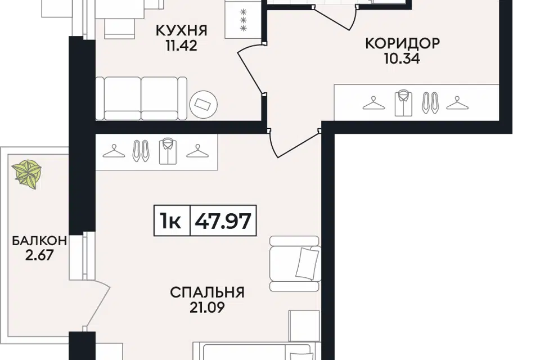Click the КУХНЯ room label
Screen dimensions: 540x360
pyautogui.click(x=182, y=30)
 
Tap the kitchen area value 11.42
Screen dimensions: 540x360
pyautogui.click(x=182, y=46)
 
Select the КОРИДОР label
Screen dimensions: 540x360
pyautogui.click(x=402, y=44)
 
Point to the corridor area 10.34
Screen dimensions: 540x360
pyautogui.click(x=402, y=58)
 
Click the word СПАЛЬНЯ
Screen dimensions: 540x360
pyautogui.click(x=208, y=292)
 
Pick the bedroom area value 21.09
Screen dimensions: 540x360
pyautogui.click(x=207, y=307)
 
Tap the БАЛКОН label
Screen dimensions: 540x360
pyautogui.click(x=39, y=241)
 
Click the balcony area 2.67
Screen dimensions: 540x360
pyautogui.click(x=39, y=255)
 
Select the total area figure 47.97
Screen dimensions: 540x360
pyautogui.click(x=223, y=221)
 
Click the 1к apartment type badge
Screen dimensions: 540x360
pyautogui.click(x=170, y=221)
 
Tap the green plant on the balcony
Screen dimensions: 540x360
pyautogui.click(x=27, y=174)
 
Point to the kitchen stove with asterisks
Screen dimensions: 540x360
pyautogui.click(x=243, y=19)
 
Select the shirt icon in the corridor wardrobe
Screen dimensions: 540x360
pyautogui.click(x=403, y=103)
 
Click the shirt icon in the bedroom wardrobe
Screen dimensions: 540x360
pyautogui.click(x=168, y=151)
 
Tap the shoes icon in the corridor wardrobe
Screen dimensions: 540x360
pyautogui.click(x=430, y=103)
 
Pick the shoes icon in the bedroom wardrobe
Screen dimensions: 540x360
pyautogui.click(x=141, y=151)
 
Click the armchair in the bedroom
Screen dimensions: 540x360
pyautogui.click(x=294, y=264)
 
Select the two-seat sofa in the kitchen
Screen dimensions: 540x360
pyautogui.click(x=141, y=98)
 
